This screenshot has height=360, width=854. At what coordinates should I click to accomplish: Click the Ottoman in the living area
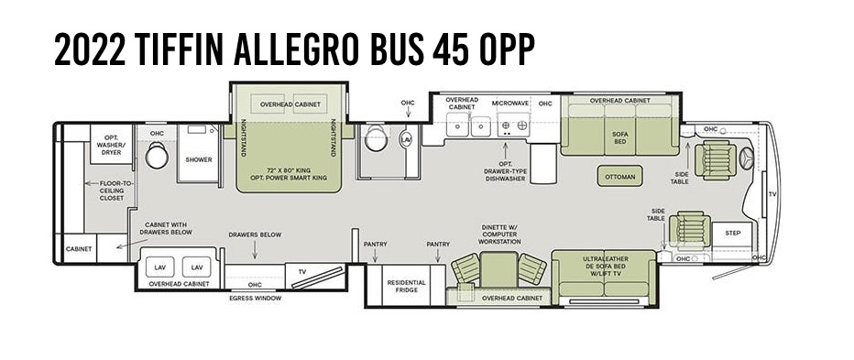point(619,177)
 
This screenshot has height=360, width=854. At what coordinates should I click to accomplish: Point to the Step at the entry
point(732,233)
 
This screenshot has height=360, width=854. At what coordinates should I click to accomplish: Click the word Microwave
point(509,104)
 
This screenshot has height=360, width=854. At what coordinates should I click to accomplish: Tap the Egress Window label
point(255,299)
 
